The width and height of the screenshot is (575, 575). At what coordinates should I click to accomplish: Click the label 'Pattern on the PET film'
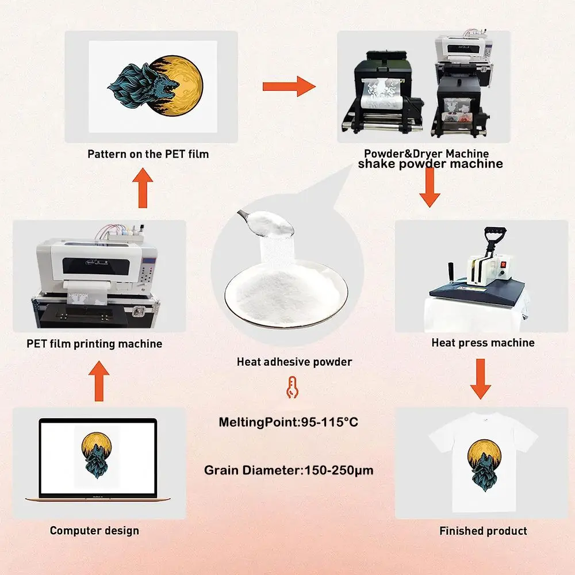[x=148, y=154]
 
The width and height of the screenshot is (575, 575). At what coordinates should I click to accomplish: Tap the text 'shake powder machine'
[x=430, y=164]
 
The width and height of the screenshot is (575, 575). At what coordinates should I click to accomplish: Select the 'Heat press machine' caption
[x=483, y=343]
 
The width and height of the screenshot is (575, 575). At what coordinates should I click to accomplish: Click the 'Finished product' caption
[x=483, y=531]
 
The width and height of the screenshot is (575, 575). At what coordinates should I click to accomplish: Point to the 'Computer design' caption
[x=94, y=530]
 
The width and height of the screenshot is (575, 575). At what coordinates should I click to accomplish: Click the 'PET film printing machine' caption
[x=94, y=344]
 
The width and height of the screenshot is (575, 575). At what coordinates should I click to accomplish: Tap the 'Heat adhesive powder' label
[x=294, y=362]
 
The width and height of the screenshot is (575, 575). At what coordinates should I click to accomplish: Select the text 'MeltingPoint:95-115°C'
[x=289, y=422]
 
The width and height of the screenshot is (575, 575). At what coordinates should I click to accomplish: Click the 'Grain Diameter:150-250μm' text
[x=289, y=470]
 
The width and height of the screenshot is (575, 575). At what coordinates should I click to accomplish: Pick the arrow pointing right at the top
[x=289, y=86]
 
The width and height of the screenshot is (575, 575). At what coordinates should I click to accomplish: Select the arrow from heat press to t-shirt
[x=481, y=379]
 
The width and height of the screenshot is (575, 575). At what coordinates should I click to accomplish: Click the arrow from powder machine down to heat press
[x=430, y=191]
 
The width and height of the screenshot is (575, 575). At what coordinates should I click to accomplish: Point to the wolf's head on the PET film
[x=138, y=85]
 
